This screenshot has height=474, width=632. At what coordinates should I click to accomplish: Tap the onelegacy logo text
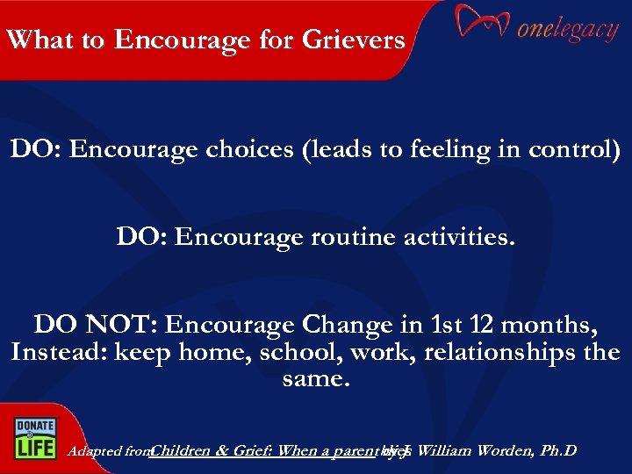click(x=567, y=30)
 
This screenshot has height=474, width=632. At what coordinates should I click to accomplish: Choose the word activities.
click(x=456, y=237)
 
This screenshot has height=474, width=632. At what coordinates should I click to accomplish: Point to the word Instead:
click(x=56, y=353)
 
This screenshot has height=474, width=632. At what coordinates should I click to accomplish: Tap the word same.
click(x=315, y=380)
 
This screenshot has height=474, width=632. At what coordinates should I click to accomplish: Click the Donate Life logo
click(x=33, y=435)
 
